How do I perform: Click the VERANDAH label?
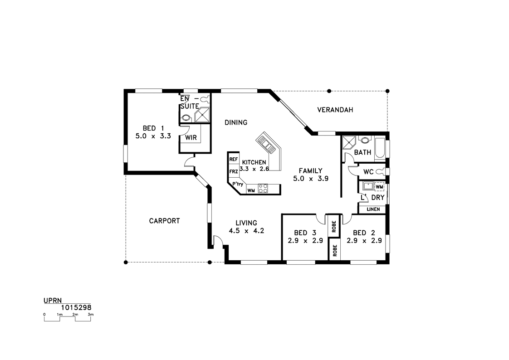coord(335,110)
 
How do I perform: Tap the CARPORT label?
coord(164,221)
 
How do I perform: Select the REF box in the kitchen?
coord(233,159)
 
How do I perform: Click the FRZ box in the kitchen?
coord(233,171)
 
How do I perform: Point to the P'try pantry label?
coord(238,184)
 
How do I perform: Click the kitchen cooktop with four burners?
coord(263,189)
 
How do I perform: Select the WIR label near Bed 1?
coord(191,137)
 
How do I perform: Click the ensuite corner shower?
coord(202,115)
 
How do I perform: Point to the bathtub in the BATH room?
coord(380,149)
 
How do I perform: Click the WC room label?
coord(368,172)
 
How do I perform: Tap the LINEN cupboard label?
coord(373,209)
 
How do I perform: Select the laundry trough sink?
coord(368,186)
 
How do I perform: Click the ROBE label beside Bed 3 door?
coord(334,227)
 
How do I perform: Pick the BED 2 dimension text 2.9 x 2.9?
coord(364,241)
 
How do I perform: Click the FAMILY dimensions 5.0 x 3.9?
coord(311,178)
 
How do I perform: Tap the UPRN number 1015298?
coord(76,307)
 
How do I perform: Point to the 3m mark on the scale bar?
coord(91,314)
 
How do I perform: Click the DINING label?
coord(236,122)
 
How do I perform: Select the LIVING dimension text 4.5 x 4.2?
coord(246,231)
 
